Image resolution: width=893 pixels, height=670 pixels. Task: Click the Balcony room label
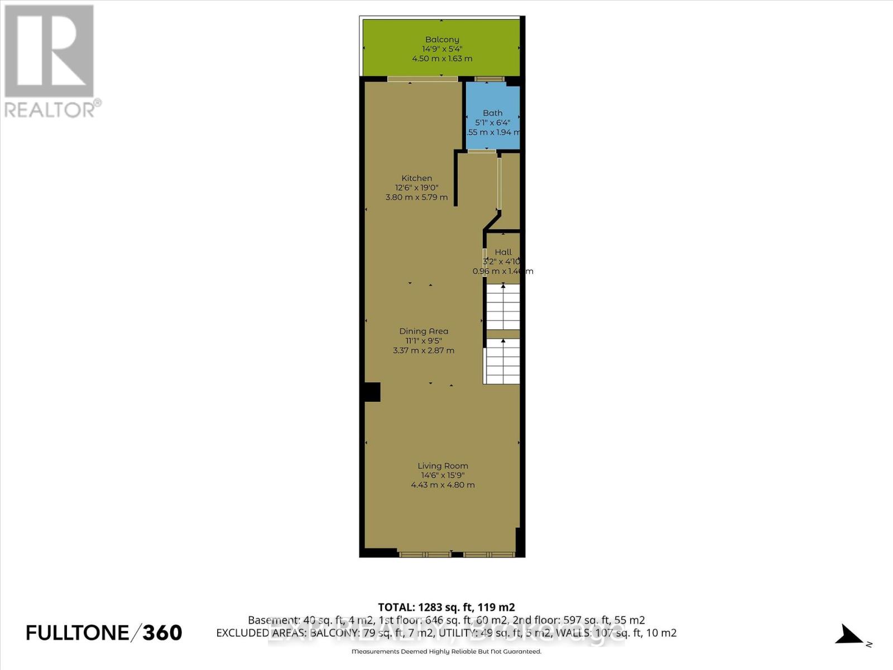442,40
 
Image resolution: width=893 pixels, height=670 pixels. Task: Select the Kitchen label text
416,178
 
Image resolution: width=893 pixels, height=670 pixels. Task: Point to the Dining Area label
424,331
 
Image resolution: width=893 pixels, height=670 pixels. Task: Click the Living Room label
443,466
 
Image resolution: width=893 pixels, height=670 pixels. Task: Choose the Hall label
503,252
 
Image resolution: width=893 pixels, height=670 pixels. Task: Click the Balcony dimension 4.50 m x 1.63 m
442,59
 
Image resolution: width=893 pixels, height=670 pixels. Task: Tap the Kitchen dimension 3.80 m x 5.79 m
416,197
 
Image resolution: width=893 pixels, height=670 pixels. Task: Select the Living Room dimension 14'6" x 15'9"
443,475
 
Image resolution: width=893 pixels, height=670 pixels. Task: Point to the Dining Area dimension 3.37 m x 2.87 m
424,351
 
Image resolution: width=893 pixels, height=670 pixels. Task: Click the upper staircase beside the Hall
503,307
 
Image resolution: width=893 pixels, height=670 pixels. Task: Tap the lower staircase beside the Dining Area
502,361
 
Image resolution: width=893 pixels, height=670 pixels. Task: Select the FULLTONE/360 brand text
104,633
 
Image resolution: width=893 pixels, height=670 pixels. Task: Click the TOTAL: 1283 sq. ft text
446,607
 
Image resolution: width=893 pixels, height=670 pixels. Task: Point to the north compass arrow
851,635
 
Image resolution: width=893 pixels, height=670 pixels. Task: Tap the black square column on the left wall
371,391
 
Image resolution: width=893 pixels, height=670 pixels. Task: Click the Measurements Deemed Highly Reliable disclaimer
446,652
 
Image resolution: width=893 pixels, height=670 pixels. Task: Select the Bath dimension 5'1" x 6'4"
493,123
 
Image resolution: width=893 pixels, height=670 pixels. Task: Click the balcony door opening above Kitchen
423,79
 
